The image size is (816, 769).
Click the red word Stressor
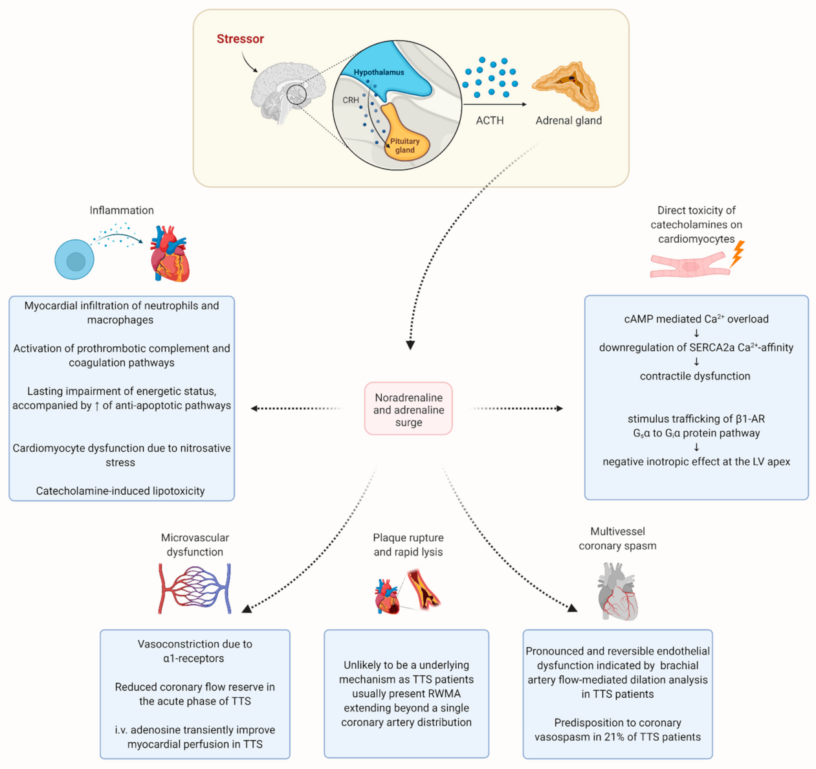click(x=240, y=39)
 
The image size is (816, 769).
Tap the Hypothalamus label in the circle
click(x=379, y=72)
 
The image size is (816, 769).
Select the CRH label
click(x=351, y=100)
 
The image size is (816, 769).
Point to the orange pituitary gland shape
click(x=404, y=138)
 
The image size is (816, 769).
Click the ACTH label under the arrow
click(x=490, y=120)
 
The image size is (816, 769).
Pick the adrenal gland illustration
click(x=566, y=86)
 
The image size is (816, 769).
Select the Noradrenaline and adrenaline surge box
click(x=408, y=408)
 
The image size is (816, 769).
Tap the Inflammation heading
click(x=122, y=210)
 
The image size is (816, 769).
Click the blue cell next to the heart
click(x=74, y=260)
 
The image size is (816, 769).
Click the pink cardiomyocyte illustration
click(x=690, y=265)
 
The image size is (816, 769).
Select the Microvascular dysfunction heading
click(x=195, y=544)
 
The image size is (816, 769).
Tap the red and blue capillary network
click(x=194, y=588)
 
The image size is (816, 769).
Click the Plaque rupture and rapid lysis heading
click(x=408, y=544)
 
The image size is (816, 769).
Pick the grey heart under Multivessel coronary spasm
click(x=617, y=591)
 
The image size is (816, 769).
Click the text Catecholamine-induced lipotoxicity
click(x=120, y=491)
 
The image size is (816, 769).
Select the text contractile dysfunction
click(x=695, y=376)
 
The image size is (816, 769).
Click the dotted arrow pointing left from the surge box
click(x=296, y=408)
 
